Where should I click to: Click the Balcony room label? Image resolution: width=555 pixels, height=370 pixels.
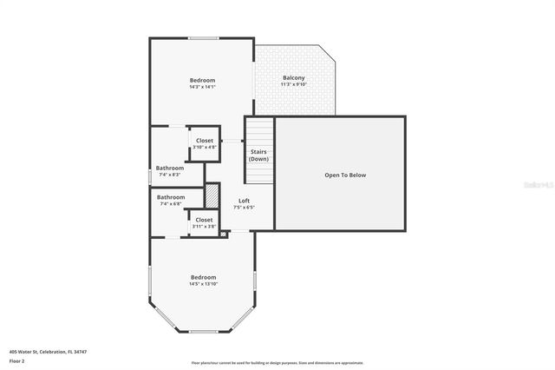(294, 78)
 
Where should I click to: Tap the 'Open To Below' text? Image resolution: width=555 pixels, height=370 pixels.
(345, 175)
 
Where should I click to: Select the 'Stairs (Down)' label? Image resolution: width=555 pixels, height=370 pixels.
(258, 155)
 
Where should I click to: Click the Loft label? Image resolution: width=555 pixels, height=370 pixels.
(245, 201)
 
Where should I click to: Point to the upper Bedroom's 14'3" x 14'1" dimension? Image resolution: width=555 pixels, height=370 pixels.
(202, 87)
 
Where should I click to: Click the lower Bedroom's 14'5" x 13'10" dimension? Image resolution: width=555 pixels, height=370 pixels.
(203, 284)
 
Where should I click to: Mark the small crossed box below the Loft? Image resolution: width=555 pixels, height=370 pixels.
(223, 233)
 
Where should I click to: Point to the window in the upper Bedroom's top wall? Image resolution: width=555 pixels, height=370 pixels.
(204, 37)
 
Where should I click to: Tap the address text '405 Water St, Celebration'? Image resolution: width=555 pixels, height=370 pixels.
(48, 352)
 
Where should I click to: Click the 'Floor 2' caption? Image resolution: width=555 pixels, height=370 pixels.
(17, 360)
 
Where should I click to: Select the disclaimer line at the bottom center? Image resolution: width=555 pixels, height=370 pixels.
(277, 363)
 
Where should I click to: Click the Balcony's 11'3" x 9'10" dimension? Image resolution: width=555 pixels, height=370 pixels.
(294, 85)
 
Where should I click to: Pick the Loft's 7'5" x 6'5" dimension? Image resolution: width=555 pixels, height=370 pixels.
(245, 208)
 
